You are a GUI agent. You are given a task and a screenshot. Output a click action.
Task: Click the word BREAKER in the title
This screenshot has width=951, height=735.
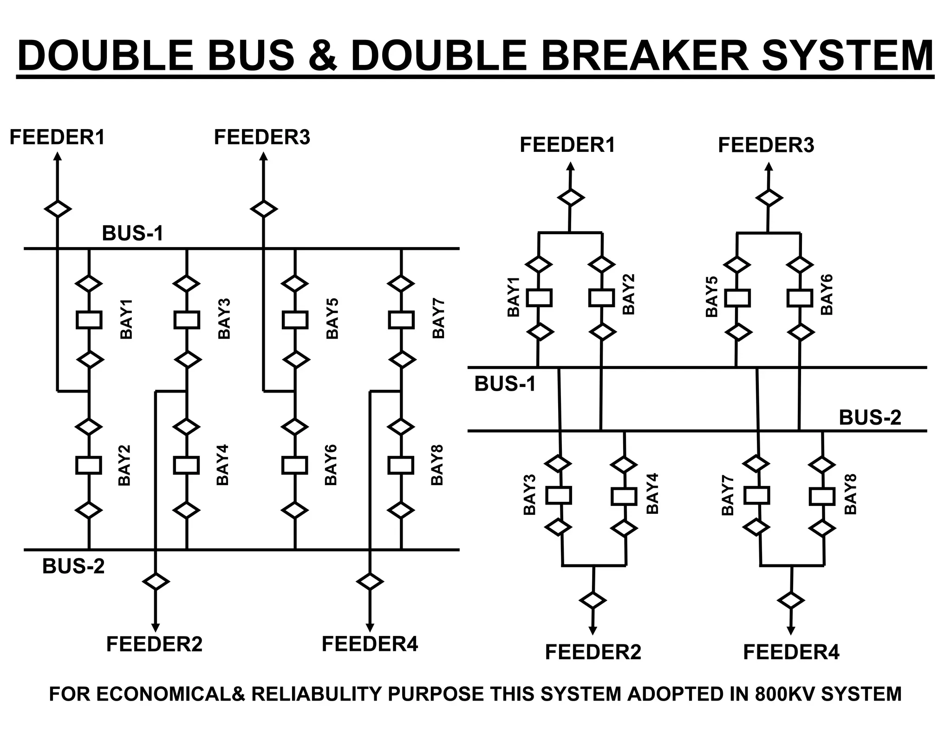point(645,55)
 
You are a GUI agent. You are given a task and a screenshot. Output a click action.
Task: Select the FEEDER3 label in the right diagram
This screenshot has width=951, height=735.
point(766,145)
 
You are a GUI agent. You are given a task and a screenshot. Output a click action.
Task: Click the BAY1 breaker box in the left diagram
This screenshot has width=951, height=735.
point(89,320)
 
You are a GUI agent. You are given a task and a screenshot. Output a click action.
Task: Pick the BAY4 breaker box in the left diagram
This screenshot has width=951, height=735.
point(186,465)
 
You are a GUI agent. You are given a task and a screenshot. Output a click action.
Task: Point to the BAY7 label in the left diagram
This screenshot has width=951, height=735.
point(439,318)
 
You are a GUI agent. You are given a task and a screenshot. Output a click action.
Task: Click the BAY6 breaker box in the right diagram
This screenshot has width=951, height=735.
point(800,298)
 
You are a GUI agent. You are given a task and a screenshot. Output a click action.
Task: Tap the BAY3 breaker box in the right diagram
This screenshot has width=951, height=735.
point(558,496)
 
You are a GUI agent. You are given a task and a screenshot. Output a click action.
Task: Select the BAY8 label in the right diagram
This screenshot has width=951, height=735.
point(850,494)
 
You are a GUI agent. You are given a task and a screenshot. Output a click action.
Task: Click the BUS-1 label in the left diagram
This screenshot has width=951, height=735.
point(133,233)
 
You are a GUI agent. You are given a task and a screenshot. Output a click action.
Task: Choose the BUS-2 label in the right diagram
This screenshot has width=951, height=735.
point(870,418)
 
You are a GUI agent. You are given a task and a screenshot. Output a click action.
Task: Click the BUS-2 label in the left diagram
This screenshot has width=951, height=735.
point(73,566)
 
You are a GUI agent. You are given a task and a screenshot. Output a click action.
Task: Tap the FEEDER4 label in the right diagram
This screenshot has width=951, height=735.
point(791,652)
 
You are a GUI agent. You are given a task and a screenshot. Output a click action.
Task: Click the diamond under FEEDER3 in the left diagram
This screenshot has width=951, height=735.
point(264,209)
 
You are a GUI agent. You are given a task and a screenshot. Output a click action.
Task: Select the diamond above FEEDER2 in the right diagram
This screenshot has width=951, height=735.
point(593,600)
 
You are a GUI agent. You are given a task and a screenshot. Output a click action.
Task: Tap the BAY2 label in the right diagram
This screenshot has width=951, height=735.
point(628,294)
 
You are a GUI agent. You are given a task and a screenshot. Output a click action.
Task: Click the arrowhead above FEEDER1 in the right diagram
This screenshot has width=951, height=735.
point(570,166)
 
